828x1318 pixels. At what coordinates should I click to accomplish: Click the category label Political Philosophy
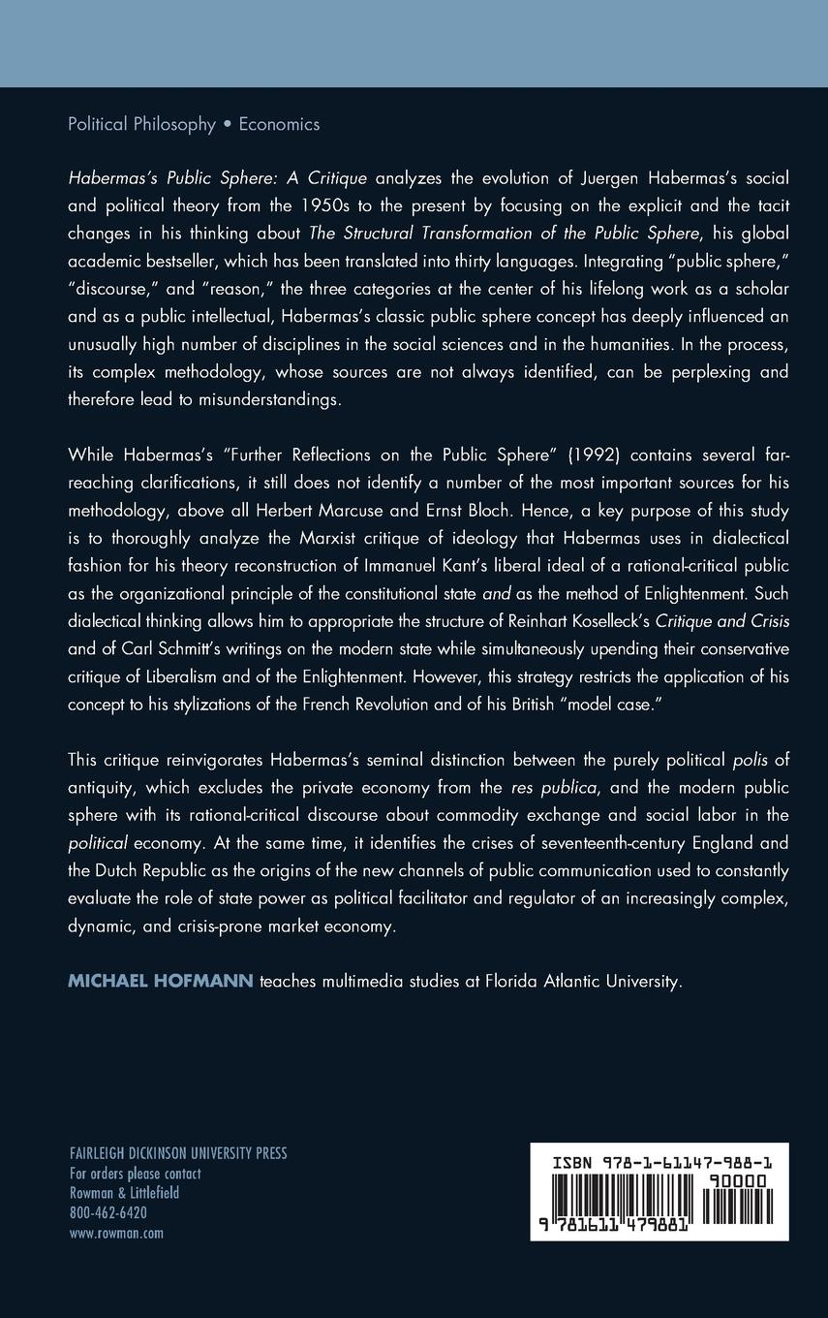click(141, 124)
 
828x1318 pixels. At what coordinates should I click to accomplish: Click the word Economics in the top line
click(279, 124)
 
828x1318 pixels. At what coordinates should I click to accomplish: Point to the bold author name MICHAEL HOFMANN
click(160, 981)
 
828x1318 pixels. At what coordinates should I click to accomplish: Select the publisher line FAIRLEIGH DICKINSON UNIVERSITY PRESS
click(178, 1153)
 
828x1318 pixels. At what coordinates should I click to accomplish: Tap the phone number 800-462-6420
click(108, 1212)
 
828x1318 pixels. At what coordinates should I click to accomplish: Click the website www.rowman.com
click(116, 1233)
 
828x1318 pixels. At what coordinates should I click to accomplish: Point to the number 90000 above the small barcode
click(736, 1180)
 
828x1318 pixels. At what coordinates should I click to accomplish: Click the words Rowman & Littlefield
click(124, 1193)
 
